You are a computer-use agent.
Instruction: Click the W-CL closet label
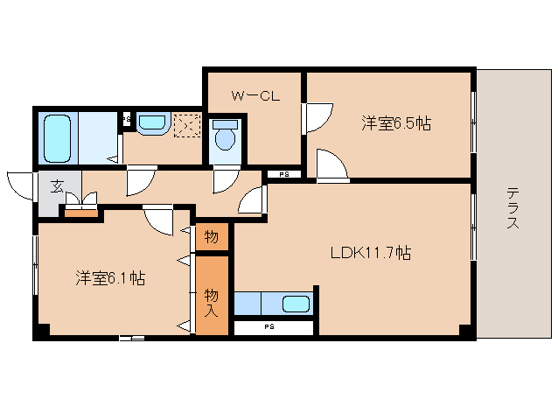255,96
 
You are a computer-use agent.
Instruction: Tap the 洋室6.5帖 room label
396,123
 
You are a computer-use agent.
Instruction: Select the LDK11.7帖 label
370,254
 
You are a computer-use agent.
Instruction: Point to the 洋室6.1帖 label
109,279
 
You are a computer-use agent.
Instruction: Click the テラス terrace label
513,208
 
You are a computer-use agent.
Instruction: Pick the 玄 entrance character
56,185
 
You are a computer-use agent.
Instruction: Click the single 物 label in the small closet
212,235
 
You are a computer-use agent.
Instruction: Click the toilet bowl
226,136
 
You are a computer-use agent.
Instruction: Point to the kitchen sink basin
296,304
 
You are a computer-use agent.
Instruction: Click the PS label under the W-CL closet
283,174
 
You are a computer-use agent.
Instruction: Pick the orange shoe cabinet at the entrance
81,211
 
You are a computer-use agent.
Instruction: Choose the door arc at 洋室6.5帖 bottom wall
331,165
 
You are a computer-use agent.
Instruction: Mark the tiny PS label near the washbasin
125,116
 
